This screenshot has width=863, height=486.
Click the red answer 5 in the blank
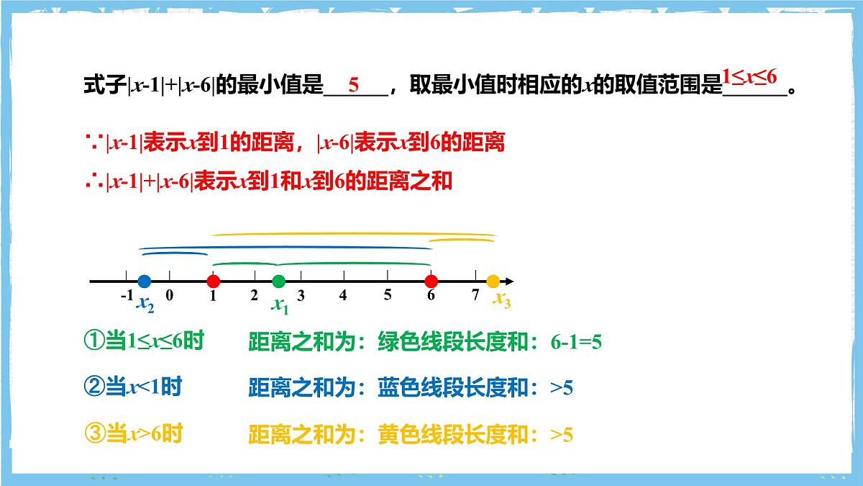tap(353, 84)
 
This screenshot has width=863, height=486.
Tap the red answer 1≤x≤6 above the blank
tap(749, 75)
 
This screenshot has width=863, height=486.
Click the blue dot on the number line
tap(144, 281)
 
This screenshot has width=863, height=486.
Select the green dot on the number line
tap(279, 281)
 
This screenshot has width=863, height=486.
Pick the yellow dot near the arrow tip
tap(493, 281)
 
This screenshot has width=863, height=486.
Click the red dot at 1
tap(213, 281)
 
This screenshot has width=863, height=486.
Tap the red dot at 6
tap(431, 281)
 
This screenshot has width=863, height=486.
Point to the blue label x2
tap(145, 305)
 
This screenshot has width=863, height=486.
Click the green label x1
tap(280, 305)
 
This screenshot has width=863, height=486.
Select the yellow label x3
tap(501, 300)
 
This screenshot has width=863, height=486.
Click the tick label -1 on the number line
tap(127, 295)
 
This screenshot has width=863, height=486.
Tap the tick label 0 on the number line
tap(169, 295)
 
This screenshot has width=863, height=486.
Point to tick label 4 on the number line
tap(343, 295)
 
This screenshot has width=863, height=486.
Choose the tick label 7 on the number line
tap(475, 295)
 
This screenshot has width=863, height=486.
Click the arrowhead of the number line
tap(509, 281)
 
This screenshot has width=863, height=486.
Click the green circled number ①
tap(95, 341)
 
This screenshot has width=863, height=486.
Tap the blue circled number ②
tap(95, 387)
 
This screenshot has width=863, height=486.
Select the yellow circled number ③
tap(95, 434)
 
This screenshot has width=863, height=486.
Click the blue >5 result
tap(562, 389)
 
